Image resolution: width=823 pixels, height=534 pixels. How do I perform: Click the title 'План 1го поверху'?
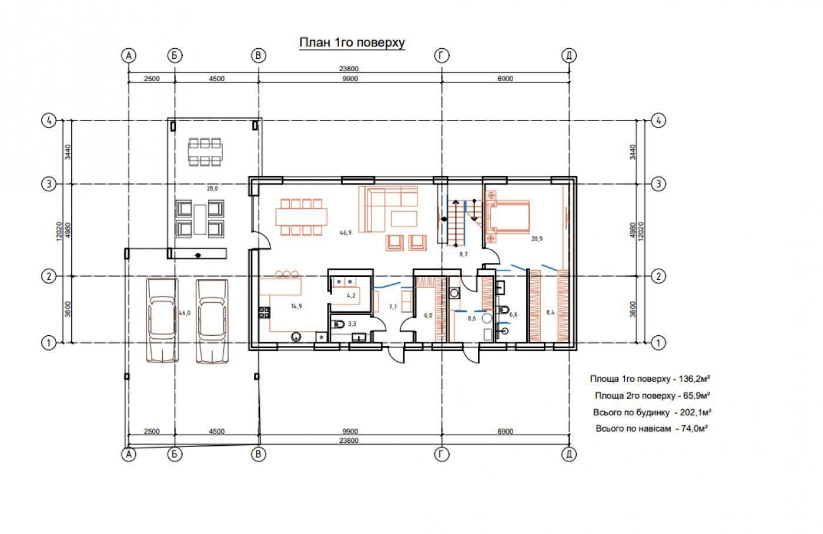pyautogui.click(x=352, y=42)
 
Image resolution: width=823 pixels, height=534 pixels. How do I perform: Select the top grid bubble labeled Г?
pyautogui.click(x=441, y=55)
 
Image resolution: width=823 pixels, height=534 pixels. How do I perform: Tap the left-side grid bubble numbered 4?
pyautogui.click(x=49, y=121)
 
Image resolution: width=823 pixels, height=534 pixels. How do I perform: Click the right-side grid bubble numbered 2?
pyautogui.click(x=658, y=276)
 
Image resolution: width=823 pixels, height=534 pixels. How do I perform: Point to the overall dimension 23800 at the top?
pyautogui.click(x=349, y=69)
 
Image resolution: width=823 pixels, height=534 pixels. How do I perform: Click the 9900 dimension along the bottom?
pyautogui.click(x=350, y=431)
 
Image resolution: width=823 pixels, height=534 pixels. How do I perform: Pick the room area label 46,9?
pyautogui.click(x=346, y=233)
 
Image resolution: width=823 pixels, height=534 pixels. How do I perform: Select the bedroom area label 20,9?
pyautogui.click(x=536, y=239)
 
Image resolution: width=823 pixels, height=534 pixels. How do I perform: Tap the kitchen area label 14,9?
pyautogui.click(x=296, y=306)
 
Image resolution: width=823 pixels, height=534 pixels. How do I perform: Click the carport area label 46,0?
pyautogui.click(x=185, y=313)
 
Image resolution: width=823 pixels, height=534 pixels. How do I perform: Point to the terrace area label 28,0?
pyautogui.click(x=212, y=189)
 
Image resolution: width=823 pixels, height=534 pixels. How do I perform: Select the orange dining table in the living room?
pyautogui.click(x=301, y=217)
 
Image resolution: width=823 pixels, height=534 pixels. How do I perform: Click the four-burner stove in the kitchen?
pyautogui.click(x=264, y=312)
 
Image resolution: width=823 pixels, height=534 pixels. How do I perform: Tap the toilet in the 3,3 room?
pyautogui.click(x=339, y=324)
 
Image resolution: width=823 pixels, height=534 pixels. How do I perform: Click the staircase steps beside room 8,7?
pyautogui.click(x=456, y=222)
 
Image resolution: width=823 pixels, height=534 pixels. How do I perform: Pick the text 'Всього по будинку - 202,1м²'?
pyautogui.click(x=652, y=412)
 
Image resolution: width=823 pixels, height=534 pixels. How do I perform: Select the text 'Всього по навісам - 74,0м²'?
pyautogui.click(x=651, y=429)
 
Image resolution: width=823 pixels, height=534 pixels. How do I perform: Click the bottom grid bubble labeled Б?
pyautogui.click(x=175, y=455)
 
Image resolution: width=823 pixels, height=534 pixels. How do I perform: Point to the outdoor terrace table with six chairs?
pyautogui.click(x=205, y=152)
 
